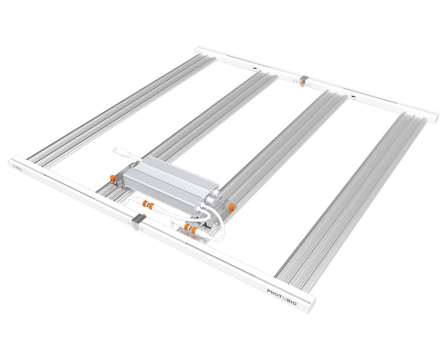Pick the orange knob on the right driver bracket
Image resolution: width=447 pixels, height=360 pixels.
(x=231, y=207)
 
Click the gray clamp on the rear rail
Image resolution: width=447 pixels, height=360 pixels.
(x=304, y=80)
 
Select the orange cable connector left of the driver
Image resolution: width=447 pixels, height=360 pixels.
(x=148, y=205)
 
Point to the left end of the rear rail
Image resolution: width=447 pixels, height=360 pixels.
(x=198, y=50)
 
